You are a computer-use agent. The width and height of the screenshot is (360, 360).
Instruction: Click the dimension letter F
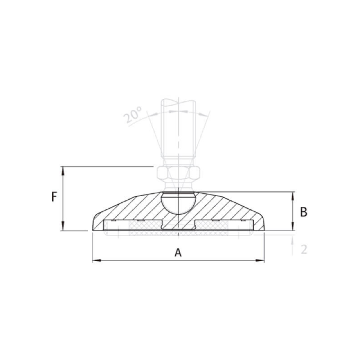(x=54, y=197)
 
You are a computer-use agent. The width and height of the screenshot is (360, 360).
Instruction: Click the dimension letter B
(x=304, y=211)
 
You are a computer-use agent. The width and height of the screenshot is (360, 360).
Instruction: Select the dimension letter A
(x=178, y=253)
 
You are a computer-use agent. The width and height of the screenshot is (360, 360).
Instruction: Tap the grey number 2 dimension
(x=304, y=249)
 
